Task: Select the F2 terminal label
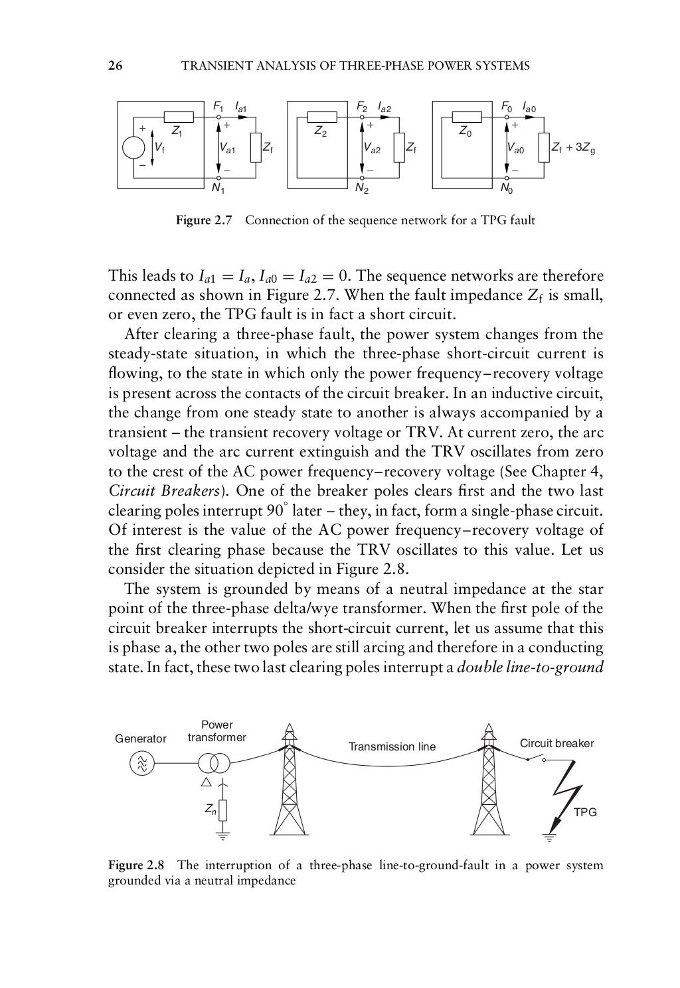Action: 363,106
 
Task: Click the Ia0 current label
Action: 529,106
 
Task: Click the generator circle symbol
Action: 141,763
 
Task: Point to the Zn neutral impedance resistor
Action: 223,810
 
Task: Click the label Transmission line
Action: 392,746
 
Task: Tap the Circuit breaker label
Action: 556,743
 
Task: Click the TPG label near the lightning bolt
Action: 585,812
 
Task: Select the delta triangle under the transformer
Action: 206,782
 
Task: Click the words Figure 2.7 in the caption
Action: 203,220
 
